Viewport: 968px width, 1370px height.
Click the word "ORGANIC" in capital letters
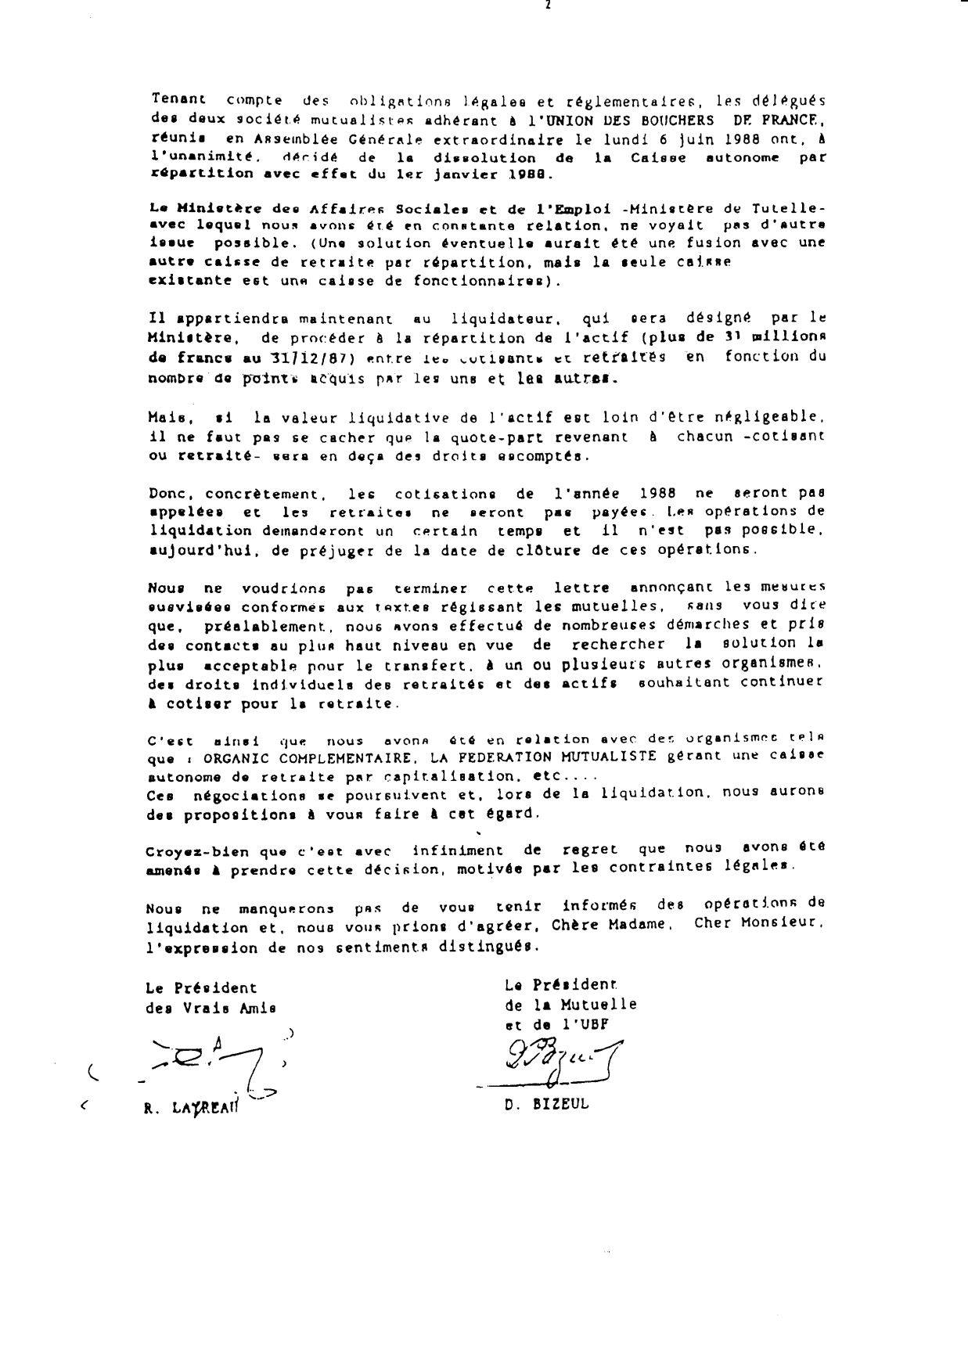tap(234, 758)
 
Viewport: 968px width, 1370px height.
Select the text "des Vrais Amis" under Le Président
tap(211, 1008)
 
